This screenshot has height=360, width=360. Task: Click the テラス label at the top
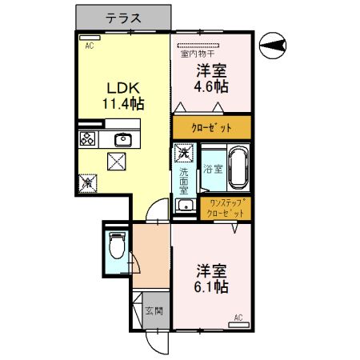coord(123,17)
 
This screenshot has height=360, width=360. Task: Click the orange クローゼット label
coord(212,127)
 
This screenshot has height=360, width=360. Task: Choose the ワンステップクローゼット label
coord(224,209)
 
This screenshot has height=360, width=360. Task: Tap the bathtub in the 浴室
coord(238,168)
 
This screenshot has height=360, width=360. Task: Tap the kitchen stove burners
coord(87,139)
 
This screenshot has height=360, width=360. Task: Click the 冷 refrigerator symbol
coord(86,183)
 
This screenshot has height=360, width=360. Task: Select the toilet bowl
coord(117,245)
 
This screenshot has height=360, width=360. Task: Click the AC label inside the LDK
coord(90,46)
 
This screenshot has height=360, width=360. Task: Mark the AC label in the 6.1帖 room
coord(238,318)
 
